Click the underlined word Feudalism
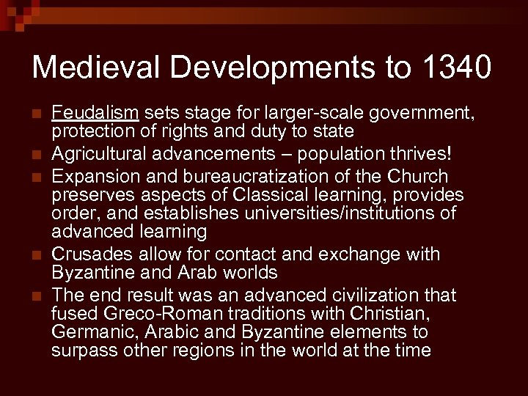coord(95,112)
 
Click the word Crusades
coord(90,254)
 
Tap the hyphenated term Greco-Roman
coord(155,313)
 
